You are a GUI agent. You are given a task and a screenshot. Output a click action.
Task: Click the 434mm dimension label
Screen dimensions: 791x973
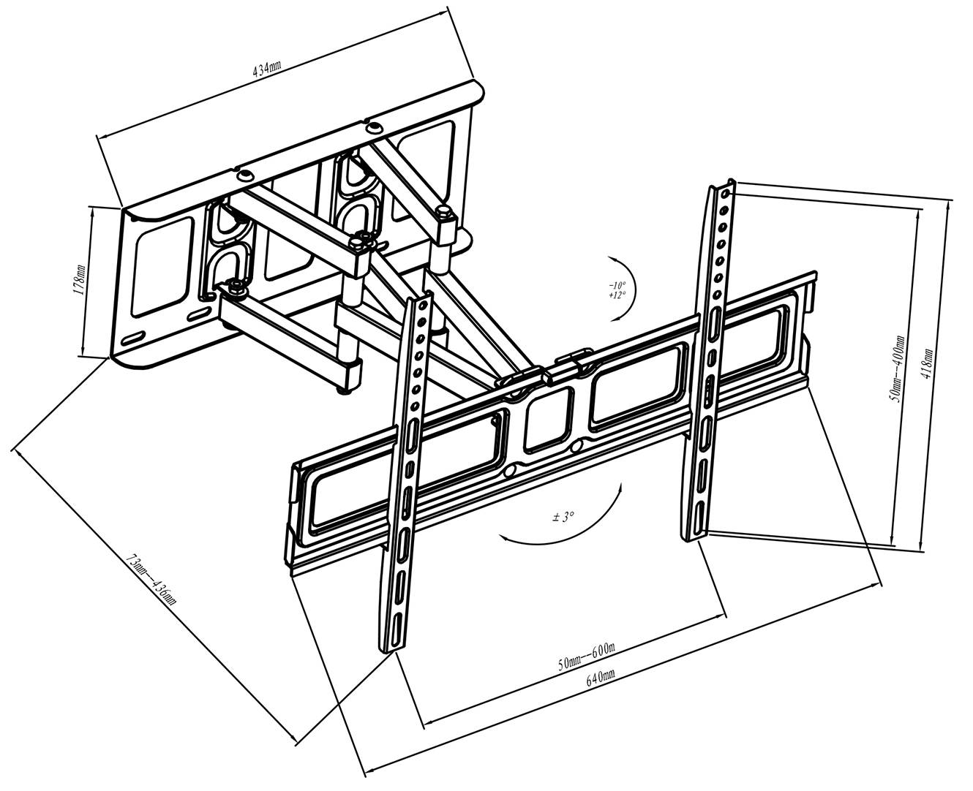coord(266,69)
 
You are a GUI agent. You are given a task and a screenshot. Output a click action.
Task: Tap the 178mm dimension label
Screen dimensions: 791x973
coord(80,279)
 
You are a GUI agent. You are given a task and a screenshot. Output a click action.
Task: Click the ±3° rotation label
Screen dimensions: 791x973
coord(563,517)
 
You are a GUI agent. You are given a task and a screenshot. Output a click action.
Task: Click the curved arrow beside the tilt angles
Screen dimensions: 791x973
coord(628,288)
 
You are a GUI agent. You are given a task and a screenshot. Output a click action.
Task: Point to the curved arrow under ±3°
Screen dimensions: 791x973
coord(563,530)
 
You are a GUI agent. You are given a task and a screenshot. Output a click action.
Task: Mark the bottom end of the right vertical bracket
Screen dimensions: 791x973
coord(694,537)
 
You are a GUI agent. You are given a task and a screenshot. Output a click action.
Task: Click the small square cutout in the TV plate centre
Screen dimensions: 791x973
coord(549,420)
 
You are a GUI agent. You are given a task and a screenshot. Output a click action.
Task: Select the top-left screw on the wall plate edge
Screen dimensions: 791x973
coord(242,174)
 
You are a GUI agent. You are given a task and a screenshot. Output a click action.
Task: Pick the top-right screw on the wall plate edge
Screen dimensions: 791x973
coord(374,127)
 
